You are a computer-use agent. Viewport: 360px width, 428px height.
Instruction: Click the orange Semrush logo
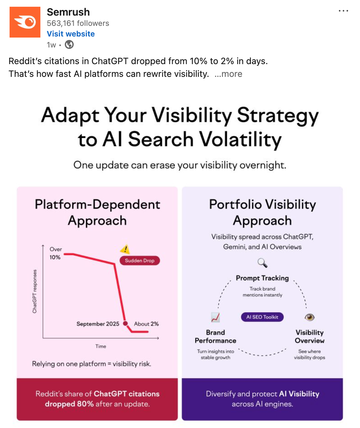click(x=25, y=22)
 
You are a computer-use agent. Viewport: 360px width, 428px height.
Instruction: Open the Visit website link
click(x=71, y=34)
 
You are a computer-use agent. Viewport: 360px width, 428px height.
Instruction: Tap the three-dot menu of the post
click(x=343, y=11)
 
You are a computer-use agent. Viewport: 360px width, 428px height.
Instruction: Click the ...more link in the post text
click(x=228, y=74)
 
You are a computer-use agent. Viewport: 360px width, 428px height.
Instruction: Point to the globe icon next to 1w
click(x=69, y=45)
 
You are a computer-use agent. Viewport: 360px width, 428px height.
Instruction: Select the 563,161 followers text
click(x=78, y=23)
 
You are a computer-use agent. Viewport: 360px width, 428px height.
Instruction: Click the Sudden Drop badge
click(x=140, y=260)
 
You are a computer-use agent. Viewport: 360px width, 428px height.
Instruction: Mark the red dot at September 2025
click(x=125, y=323)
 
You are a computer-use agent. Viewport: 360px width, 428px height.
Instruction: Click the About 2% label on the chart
click(x=146, y=324)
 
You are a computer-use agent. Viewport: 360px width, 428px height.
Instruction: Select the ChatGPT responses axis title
click(x=34, y=291)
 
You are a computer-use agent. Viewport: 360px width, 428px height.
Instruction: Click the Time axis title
click(x=101, y=346)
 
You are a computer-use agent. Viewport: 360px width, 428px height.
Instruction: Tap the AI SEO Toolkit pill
click(x=262, y=317)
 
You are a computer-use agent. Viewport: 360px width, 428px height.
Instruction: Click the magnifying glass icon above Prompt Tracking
click(x=263, y=263)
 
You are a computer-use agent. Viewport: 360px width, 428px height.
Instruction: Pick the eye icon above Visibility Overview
click(x=309, y=317)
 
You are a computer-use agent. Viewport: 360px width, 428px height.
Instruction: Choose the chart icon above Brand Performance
click(x=215, y=317)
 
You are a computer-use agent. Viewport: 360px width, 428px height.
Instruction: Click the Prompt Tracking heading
click(x=262, y=278)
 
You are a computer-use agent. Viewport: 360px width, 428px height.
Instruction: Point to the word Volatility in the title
click(x=240, y=139)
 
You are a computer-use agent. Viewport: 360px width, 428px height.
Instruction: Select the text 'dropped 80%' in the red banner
click(x=69, y=404)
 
